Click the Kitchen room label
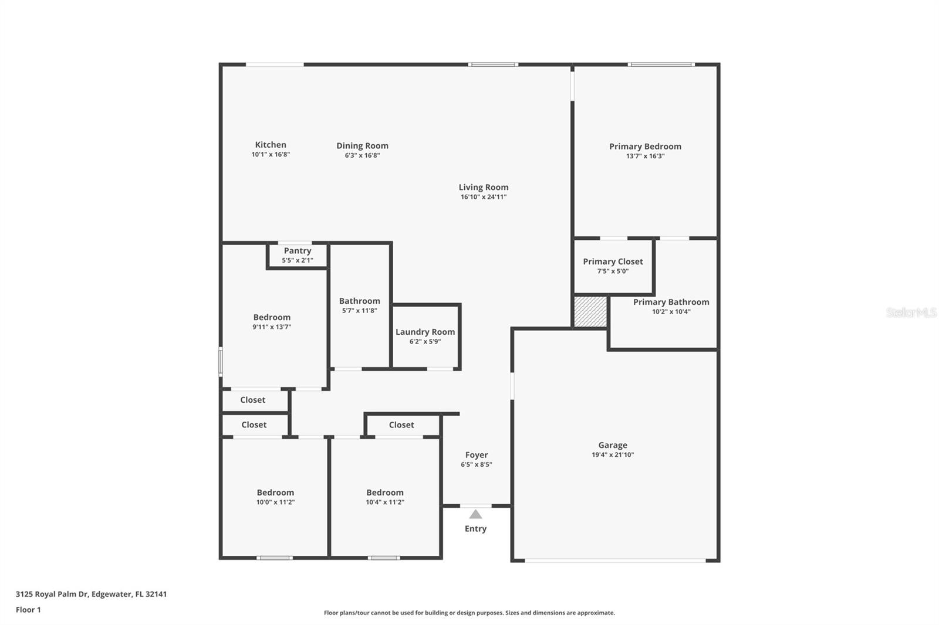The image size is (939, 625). point(271,145)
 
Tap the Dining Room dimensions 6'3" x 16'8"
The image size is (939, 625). point(362,155)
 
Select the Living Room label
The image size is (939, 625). point(484,188)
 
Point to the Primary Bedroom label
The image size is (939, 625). point(645,147)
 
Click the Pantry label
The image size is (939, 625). point(298,251)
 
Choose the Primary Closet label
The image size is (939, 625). point(613,261)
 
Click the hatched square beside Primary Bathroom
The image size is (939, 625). point(590,311)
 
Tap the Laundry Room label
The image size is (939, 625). point(425,332)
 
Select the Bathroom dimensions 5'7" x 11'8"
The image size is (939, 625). point(359,311)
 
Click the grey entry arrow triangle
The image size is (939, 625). point(475,515)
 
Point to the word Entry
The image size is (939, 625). point(475,529)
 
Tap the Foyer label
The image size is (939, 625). point(477,455)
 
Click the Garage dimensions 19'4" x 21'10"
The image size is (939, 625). point(613,455)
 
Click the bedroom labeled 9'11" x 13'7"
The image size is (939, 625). point(272,321)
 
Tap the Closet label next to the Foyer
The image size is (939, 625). point(401,425)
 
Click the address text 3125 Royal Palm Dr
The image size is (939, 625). point(52,594)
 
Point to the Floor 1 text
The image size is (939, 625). point(28,610)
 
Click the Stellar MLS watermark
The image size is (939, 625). point(911,312)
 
